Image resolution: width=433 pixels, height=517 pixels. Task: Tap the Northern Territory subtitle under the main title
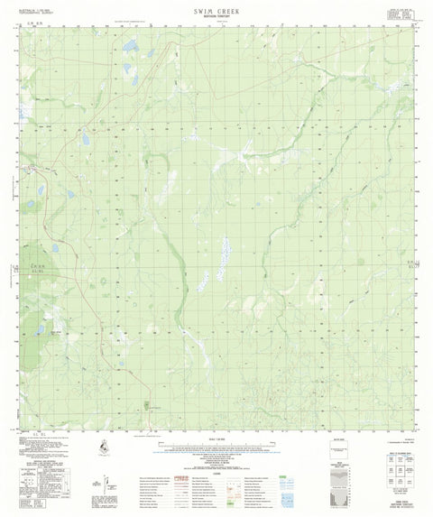[x=216, y=16]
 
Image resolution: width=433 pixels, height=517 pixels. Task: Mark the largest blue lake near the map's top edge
[x=132, y=44]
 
